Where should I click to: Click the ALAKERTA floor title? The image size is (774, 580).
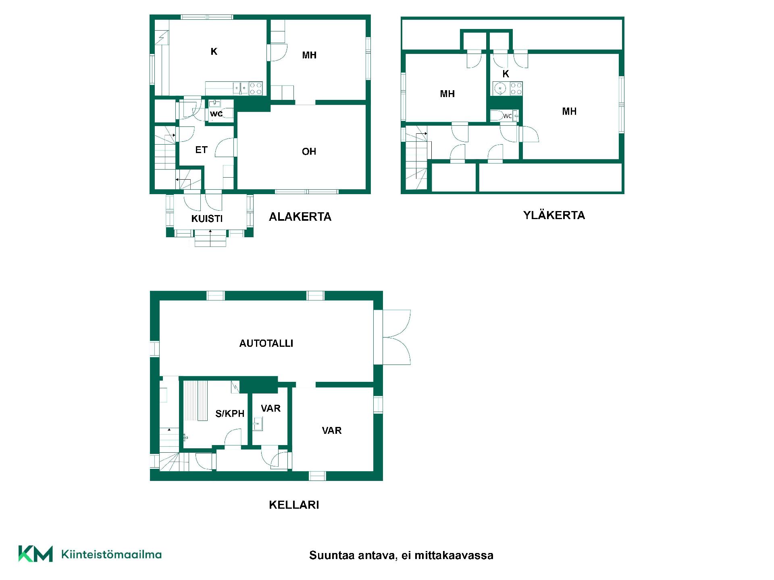[x=300, y=217]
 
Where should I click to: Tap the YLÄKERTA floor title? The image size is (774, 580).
[x=554, y=215]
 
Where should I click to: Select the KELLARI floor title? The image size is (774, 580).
[x=294, y=505]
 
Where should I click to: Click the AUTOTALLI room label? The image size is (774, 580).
[x=266, y=343]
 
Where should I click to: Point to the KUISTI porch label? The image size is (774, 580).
[x=207, y=218]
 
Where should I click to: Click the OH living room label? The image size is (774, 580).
[x=309, y=151]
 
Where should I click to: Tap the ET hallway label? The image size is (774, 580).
[x=201, y=150]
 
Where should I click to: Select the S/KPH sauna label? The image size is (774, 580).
[x=230, y=413]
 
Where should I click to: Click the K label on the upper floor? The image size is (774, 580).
[x=506, y=74]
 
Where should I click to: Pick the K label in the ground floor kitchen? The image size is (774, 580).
[x=214, y=51]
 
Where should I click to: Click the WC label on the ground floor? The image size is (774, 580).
[x=216, y=114]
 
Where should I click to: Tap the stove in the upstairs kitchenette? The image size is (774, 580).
[x=516, y=89]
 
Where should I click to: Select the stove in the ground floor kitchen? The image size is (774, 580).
[x=256, y=88]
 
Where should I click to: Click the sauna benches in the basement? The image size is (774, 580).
[x=196, y=400]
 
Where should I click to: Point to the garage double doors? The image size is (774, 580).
[x=397, y=337]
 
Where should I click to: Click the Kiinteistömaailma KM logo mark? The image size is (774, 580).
[x=35, y=554]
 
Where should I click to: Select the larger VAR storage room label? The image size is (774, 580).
[x=332, y=431]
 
